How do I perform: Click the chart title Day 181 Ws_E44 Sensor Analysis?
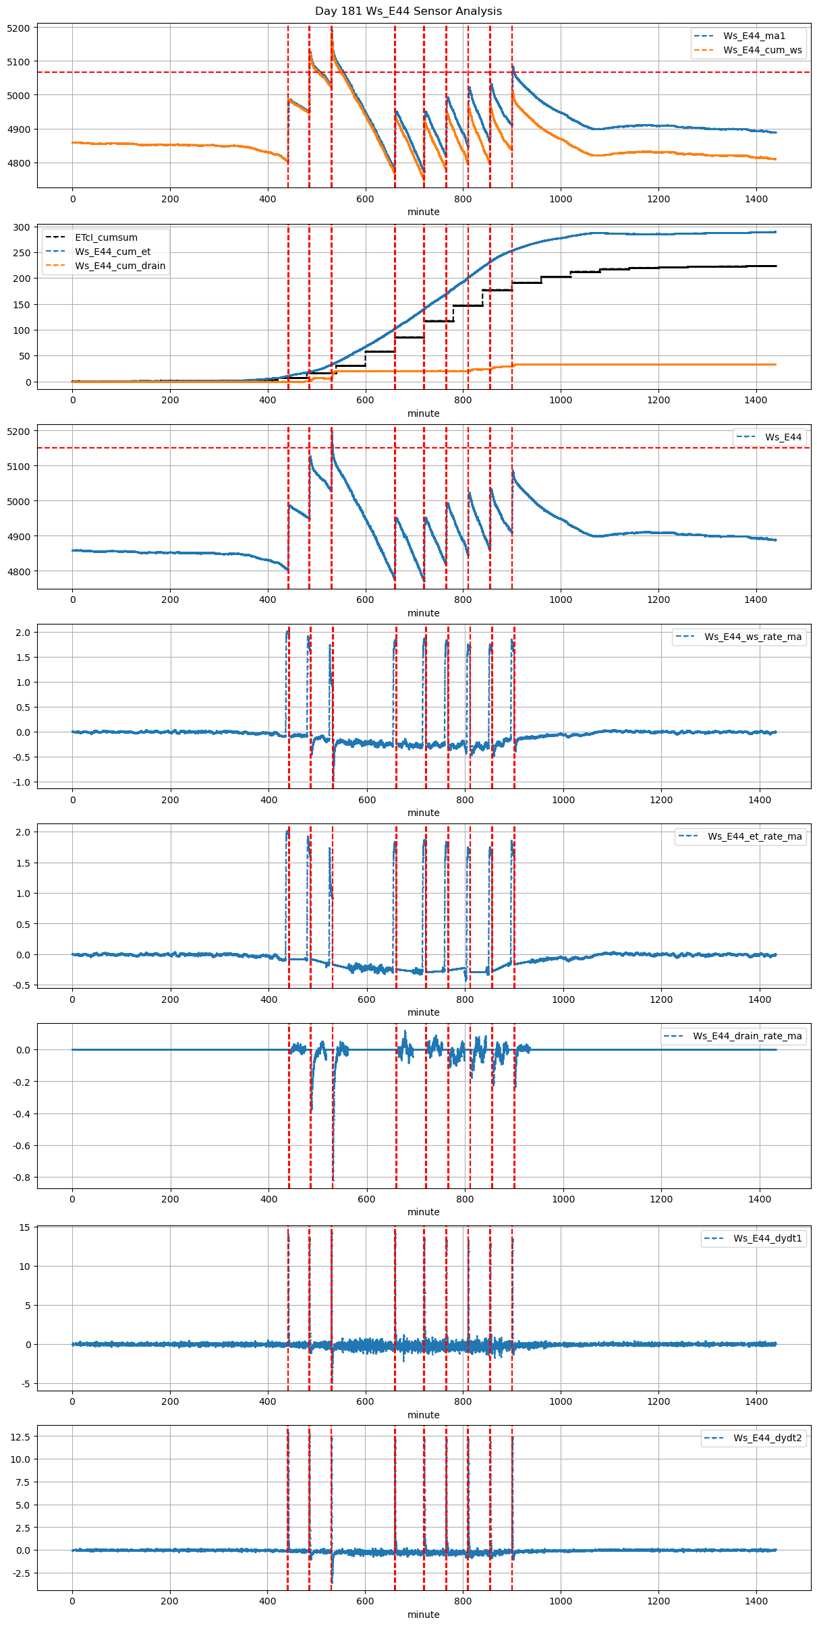tap(408, 11)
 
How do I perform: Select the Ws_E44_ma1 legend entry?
tap(754, 36)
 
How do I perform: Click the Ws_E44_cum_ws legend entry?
tap(762, 50)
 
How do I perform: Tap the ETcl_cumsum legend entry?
tap(106, 237)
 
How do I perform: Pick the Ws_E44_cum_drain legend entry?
tap(120, 266)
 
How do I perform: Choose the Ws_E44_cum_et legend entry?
tap(113, 252)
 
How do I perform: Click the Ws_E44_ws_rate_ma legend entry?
tap(753, 637)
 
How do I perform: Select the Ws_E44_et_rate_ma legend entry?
tap(754, 836)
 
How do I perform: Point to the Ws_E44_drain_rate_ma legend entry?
tap(747, 1036)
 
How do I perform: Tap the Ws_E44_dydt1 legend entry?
tap(768, 1238)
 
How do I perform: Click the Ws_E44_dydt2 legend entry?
tap(768, 1438)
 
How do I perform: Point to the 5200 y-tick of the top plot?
tap(19, 28)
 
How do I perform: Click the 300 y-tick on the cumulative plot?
tap(23, 227)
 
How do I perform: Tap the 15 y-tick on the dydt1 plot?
tap(25, 1227)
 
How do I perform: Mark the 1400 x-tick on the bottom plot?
tap(756, 1600)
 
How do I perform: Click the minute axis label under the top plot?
tap(423, 212)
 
